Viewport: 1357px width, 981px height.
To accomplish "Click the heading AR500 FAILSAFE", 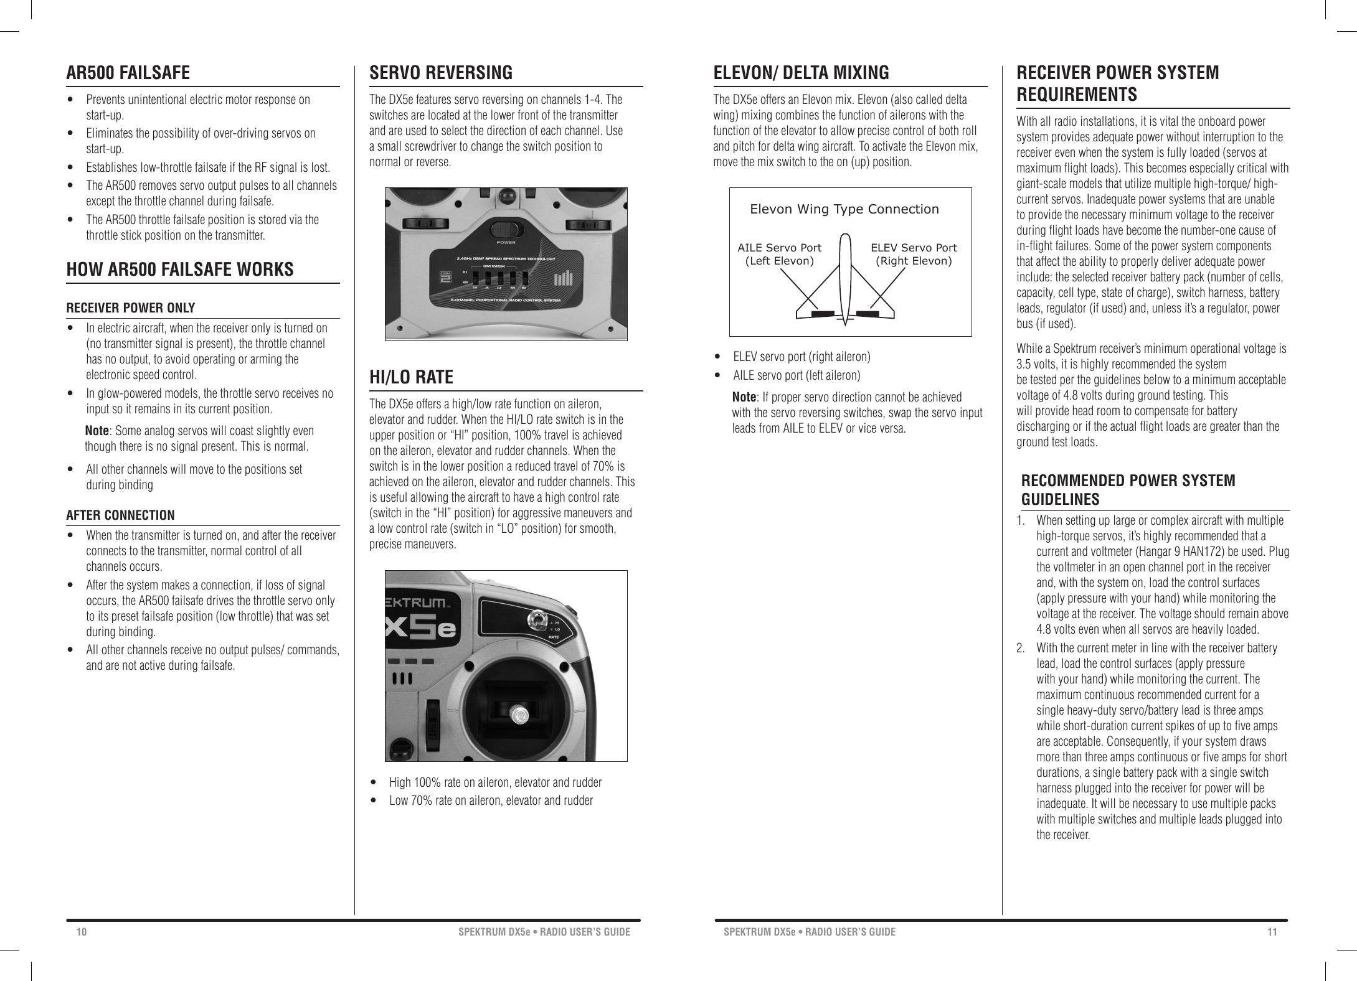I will click(128, 73).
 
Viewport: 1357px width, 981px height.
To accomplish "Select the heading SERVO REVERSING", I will click(441, 73).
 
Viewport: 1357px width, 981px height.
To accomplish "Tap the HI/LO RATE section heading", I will click(411, 377).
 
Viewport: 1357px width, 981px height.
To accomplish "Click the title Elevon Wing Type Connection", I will click(844, 209).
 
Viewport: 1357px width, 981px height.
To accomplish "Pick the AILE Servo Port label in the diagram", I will click(779, 254).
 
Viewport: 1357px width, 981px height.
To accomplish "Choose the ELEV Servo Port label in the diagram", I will click(914, 254).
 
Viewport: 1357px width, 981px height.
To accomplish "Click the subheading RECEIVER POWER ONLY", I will click(131, 308).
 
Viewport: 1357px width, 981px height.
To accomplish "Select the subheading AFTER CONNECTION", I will click(121, 515).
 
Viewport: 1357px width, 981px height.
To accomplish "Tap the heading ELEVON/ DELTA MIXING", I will click(801, 73).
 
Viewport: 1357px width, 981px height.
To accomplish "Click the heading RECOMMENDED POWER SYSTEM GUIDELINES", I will click(1128, 490).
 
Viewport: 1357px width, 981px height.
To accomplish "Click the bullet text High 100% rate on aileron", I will click(495, 782).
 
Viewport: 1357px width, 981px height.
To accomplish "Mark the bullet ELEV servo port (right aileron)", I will click(801, 357).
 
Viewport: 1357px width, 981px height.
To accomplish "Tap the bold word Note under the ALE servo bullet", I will click(744, 398).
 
